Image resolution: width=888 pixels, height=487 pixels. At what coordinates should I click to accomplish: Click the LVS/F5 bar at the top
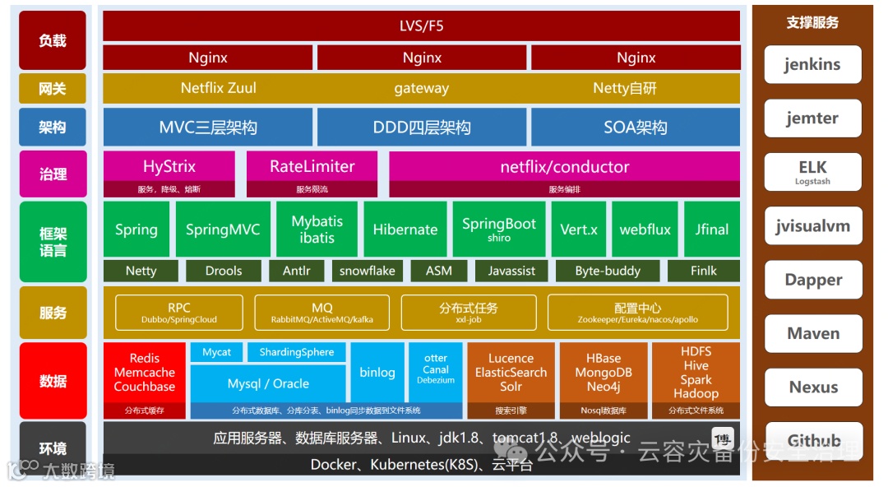[x=421, y=26]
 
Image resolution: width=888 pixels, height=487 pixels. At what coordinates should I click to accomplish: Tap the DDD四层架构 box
[x=422, y=128]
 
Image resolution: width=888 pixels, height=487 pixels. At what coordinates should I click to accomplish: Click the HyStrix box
[x=169, y=167]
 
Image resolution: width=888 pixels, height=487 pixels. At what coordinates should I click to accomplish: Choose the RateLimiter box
[x=312, y=167]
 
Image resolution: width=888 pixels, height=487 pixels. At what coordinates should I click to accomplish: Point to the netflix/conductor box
[x=564, y=167]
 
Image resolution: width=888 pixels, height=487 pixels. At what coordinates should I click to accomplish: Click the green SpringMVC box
[x=222, y=230]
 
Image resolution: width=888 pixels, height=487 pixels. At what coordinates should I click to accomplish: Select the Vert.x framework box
[x=578, y=230]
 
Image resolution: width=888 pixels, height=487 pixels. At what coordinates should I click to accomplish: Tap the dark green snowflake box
[x=367, y=271]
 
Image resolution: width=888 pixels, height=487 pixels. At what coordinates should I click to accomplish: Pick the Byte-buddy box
[x=607, y=271]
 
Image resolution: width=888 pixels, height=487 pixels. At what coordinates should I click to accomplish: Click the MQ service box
[x=321, y=313]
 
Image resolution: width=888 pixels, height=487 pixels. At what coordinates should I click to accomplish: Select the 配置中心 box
[x=637, y=313]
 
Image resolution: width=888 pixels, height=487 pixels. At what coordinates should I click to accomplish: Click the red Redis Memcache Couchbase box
[x=144, y=373]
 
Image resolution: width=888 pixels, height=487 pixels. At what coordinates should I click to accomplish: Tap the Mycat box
[x=216, y=352]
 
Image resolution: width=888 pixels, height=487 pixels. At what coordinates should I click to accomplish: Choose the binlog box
[x=377, y=373]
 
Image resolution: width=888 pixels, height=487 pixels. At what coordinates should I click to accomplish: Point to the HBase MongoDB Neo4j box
[x=604, y=373]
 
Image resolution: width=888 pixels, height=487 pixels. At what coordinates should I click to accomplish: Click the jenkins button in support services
[x=812, y=65]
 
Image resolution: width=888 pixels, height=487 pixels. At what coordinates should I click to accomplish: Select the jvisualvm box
[x=812, y=226]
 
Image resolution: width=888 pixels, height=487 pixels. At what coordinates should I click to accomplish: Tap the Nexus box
[x=812, y=387]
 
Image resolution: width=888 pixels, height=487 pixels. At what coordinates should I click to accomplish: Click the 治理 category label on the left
[x=53, y=174]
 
